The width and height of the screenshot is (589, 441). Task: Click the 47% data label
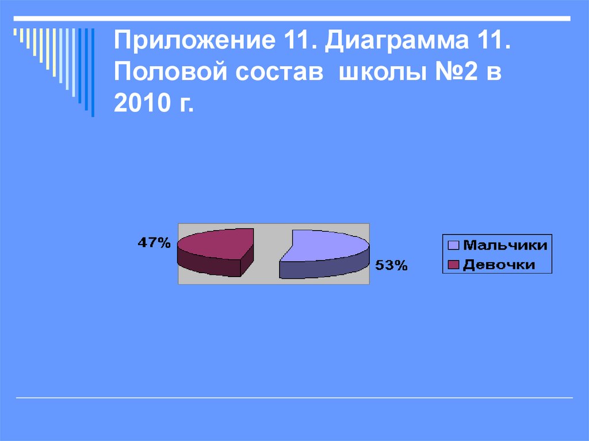(154, 243)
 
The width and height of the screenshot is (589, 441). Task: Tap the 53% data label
(391, 265)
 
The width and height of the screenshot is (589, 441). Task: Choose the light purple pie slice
(328, 247)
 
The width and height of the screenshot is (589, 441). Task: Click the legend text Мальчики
(504, 246)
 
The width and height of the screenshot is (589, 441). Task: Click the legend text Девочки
(499, 264)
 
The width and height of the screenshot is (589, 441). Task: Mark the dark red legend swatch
(453, 264)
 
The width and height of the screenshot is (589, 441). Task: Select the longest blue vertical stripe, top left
(93, 72)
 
